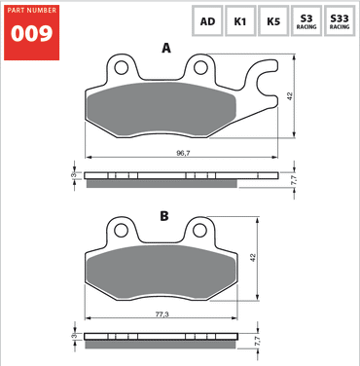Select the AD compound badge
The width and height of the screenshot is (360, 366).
coord(207,20)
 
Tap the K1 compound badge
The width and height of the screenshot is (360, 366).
coord(239,20)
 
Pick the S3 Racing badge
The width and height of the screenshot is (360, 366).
coord(306,20)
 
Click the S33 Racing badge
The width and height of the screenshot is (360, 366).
coord(340,20)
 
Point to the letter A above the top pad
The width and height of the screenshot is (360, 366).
coord(166,48)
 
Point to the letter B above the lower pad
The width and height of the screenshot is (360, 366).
coord(164,216)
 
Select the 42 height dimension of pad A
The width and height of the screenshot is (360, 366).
coord(290,95)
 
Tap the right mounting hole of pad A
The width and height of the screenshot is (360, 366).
coord(200,69)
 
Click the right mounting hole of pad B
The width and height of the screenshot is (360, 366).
coord(200,232)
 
